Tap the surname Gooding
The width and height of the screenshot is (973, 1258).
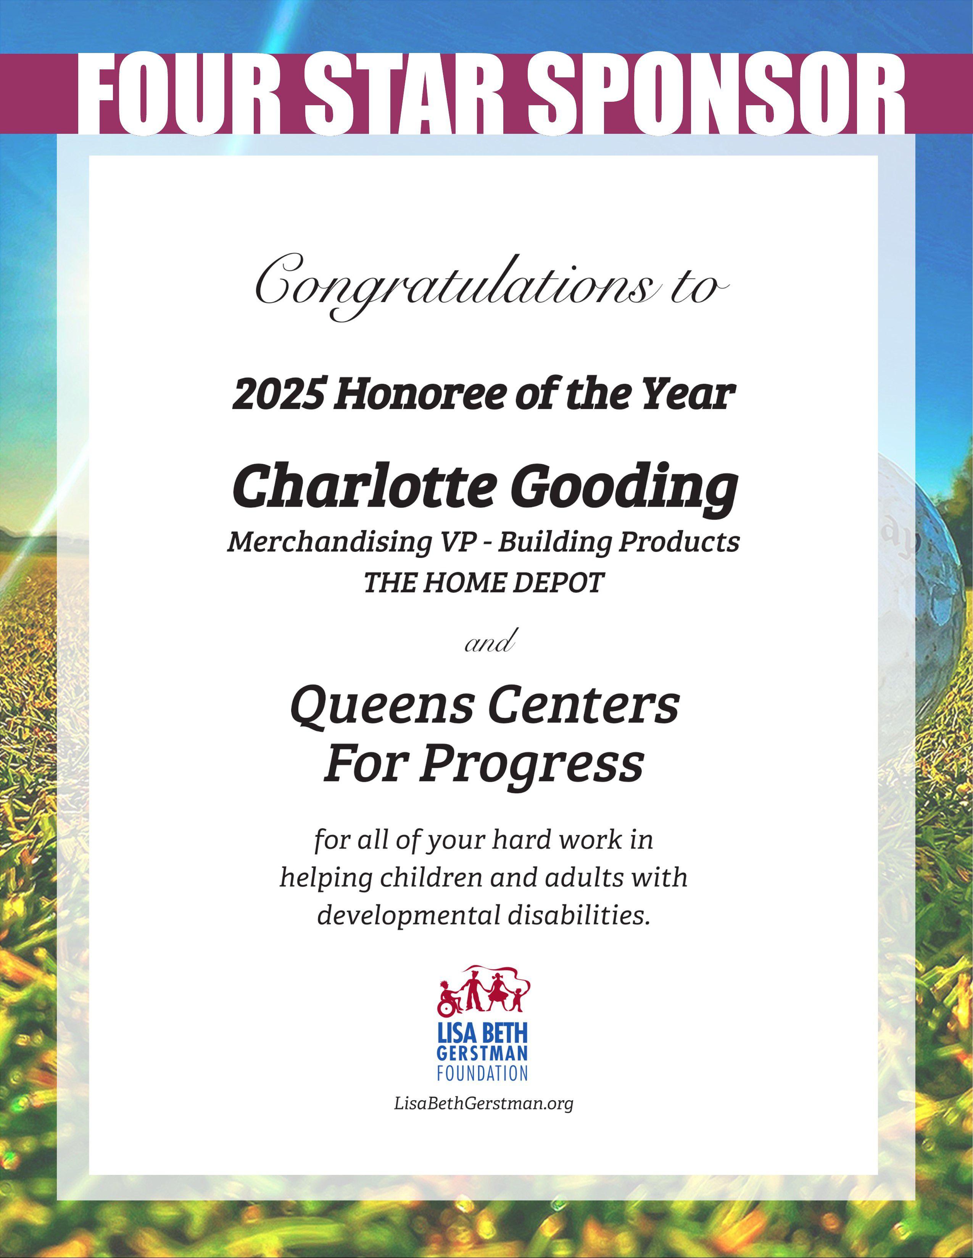click(x=623, y=487)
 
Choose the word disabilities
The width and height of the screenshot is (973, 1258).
click(x=577, y=915)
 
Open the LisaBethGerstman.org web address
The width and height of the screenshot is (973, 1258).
click(x=483, y=1104)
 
